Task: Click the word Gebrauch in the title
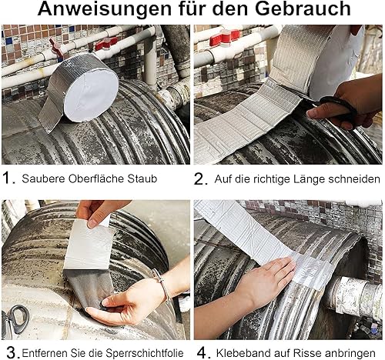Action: (x=303, y=8)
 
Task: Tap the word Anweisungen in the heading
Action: (x=104, y=8)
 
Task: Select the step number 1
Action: (x=8, y=178)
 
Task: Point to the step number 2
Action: (x=200, y=178)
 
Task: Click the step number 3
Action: (x=12, y=353)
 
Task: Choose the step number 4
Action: (x=204, y=353)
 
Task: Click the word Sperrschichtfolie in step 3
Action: (x=145, y=353)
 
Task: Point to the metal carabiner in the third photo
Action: (x=16, y=318)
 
